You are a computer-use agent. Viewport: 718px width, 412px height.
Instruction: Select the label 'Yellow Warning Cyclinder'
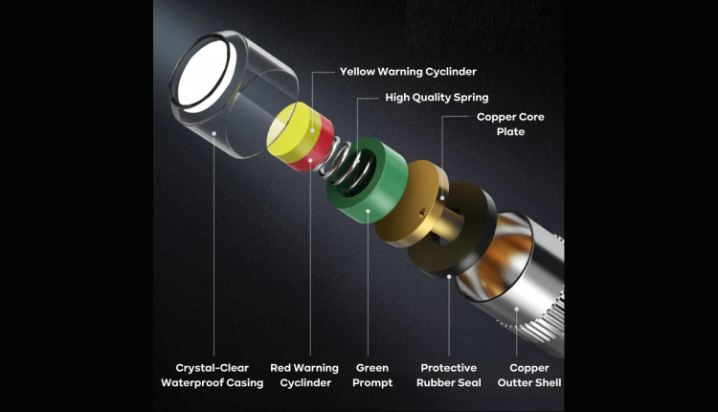[408, 72]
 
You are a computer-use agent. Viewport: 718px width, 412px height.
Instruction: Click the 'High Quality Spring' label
[437, 98]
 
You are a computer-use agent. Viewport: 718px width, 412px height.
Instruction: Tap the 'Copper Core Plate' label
[510, 125]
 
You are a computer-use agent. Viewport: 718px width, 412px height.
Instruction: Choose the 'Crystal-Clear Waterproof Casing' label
[212, 376]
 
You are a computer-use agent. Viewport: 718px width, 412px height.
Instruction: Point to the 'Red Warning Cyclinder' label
[304, 376]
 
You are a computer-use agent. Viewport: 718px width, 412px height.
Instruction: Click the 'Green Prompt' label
[372, 376]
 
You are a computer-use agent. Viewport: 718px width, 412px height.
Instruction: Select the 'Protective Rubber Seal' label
[449, 376]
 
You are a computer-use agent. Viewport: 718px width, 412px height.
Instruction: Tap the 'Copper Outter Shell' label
[529, 376]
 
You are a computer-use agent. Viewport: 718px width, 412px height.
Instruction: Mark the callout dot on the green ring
[369, 211]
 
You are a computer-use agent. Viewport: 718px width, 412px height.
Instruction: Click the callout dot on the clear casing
[213, 133]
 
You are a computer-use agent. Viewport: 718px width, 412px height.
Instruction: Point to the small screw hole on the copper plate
[423, 212]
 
